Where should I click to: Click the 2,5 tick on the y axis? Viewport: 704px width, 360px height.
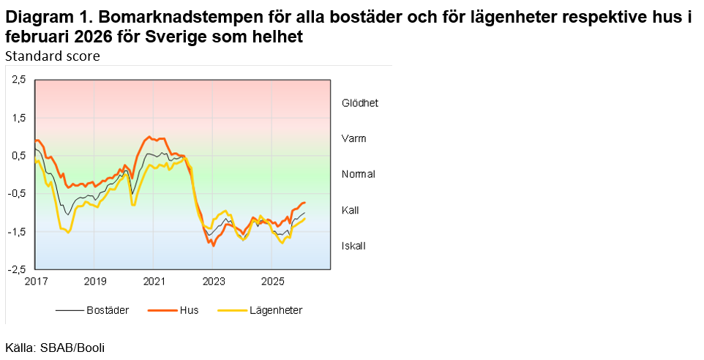(x=18, y=80)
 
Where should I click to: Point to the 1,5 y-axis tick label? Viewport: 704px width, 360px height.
(x=18, y=118)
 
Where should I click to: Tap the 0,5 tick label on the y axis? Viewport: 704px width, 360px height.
(x=18, y=156)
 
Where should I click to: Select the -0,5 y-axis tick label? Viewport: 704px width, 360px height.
(x=17, y=194)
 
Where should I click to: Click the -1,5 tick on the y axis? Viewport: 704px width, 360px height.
(x=17, y=232)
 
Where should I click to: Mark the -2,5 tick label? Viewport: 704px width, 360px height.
(x=17, y=270)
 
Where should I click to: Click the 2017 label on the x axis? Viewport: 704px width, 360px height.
(x=35, y=282)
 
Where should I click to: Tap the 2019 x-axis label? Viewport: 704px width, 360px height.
(x=94, y=282)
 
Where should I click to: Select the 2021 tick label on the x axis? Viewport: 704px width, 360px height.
(x=154, y=282)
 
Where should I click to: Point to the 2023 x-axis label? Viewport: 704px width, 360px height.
(x=213, y=282)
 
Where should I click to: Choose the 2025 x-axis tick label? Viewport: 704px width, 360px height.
(x=272, y=282)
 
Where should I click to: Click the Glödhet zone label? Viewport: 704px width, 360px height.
(x=360, y=103)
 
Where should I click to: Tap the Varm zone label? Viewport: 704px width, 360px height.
(x=354, y=138)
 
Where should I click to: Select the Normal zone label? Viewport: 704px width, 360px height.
(x=359, y=174)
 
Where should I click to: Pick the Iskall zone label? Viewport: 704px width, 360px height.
(x=353, y=246)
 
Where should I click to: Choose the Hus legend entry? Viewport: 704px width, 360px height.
(x=189, y=310)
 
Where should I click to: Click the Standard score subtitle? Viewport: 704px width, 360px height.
(x=53, y=56)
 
